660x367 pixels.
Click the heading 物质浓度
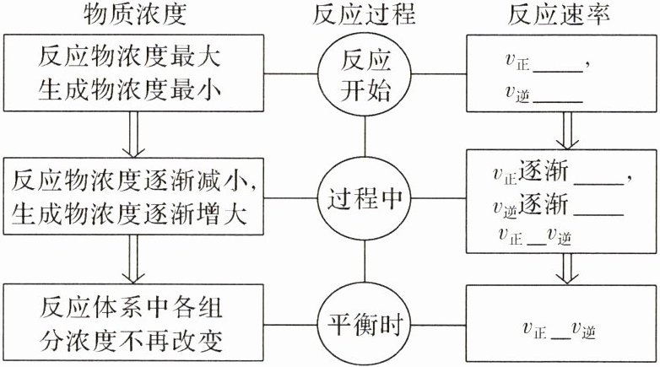pos(134,15)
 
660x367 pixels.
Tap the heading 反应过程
pos(365,15)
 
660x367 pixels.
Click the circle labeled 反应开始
pos(365,74)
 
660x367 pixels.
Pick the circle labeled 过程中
pos(365,201)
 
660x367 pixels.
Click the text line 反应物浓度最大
pos(134,59)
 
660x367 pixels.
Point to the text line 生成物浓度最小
pos(134,89)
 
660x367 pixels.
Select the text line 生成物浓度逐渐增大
pos(134,214)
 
